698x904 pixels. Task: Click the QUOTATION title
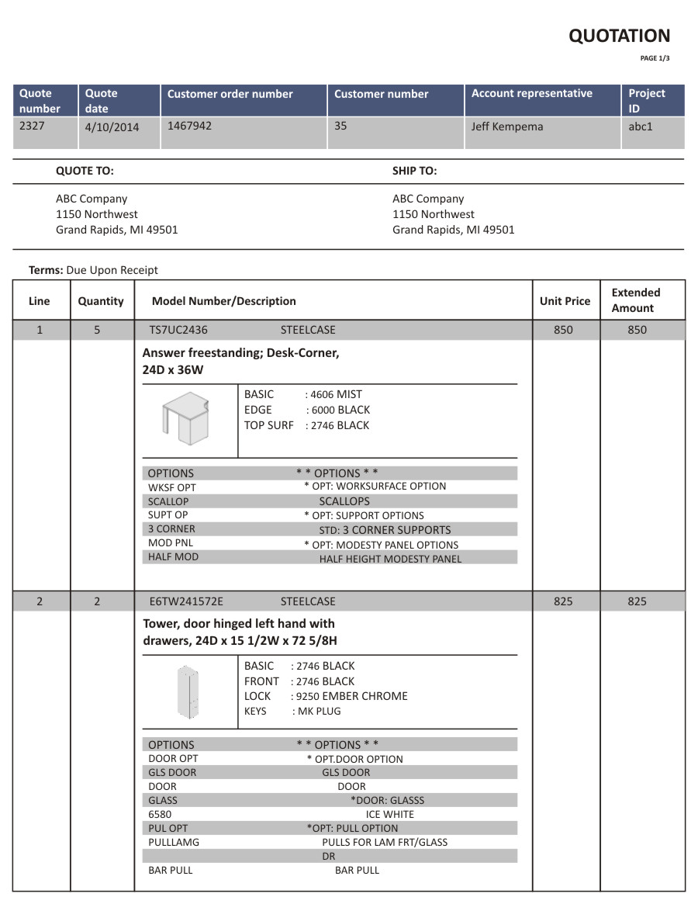(x=619, y=36)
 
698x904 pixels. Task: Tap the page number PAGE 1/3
(x=655, y=58)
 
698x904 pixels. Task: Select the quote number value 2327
(x=32, y=125)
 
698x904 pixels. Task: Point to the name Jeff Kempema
(x=507, y=126)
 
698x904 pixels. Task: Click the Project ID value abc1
(x=641, y=126)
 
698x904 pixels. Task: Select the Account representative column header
(x=531, y=94)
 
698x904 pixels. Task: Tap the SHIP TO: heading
(x=414, y=171)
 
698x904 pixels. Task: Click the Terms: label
(x=46, y=270)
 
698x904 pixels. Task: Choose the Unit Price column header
(x=565, y=301)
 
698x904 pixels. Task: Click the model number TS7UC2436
(x=178, y=330)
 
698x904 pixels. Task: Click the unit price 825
(x=564, y=601)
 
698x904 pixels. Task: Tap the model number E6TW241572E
(x=185, y=601)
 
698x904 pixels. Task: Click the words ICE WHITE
(x=389, y=814)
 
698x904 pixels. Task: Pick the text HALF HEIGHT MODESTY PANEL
(x=390, y=559)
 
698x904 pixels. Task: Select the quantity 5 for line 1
(x=97, y=330)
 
